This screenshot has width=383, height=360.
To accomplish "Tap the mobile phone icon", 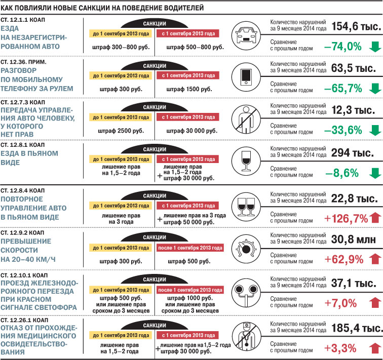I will point(245,76).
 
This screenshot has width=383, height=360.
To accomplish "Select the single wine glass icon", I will point(245,161).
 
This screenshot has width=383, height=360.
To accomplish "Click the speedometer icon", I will point(245,248).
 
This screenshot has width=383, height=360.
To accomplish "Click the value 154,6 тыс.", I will point(355,27).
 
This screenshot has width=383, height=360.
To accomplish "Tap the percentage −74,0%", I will point(342,47).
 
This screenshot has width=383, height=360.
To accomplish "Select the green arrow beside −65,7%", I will point(375,89).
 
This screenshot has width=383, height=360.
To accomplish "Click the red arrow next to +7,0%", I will point(375,303).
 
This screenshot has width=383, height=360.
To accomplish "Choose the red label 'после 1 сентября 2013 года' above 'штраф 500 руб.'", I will point(190,249).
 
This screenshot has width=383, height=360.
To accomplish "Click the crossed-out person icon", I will point(245,120).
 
